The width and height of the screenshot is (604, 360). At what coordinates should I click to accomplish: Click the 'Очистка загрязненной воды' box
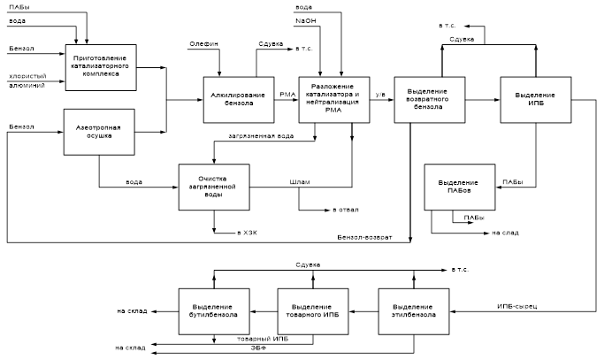point(214,187)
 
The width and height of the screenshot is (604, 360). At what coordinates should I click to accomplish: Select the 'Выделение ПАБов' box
point(457,187)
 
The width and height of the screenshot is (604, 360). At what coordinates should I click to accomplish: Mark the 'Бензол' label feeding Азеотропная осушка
point(21,126)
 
